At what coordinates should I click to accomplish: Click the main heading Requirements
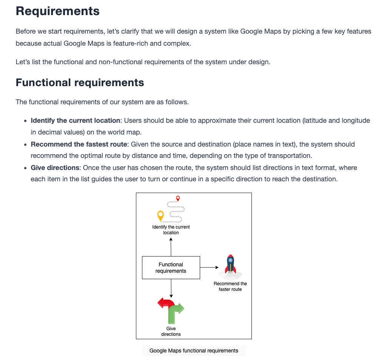click(57, 11)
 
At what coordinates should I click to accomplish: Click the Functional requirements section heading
click(80, 83)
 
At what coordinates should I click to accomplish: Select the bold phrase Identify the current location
click(76, 121)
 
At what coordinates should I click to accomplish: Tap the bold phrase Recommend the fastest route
click(79, 144)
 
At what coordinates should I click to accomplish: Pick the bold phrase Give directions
click(55, 168)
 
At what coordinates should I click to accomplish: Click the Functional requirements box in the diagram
click(171, 267)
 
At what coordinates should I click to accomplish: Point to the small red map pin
click(178, 198)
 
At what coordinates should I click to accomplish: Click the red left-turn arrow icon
click(165, 303)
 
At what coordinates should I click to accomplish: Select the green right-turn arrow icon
click(175, 313)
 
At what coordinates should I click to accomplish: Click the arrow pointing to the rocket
click(209, 267)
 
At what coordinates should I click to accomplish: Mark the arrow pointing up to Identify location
click(171, 247)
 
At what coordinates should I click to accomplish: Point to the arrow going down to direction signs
click(171, 288)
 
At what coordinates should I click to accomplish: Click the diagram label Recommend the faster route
click(230, 286)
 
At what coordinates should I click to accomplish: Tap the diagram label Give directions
click(171, 331)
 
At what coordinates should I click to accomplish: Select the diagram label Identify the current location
click(171, 230)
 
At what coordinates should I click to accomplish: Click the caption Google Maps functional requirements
click(194, 351)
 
